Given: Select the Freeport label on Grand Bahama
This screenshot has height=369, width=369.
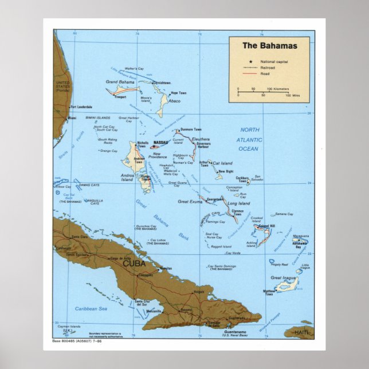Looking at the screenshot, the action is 120,97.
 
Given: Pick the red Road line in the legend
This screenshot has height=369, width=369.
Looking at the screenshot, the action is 250,74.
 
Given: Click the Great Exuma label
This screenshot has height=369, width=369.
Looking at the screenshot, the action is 190,202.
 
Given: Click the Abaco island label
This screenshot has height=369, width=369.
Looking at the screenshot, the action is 174,101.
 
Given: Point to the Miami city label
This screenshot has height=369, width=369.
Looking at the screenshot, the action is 72,118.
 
